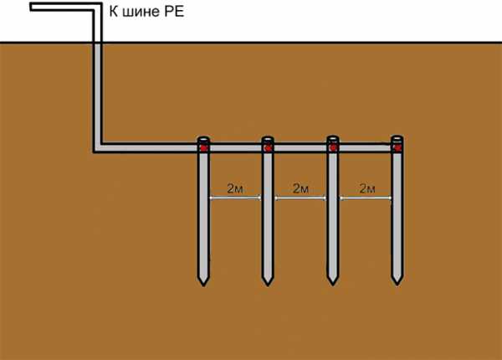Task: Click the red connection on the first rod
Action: [x=203, y=148]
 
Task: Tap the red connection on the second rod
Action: [x=268, y=148]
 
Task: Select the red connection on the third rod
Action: [x=333, y=148]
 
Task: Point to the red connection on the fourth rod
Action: [x=397, y=148]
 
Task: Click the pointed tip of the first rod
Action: [x=203, y=281]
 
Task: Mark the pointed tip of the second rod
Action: [x=268, y=281]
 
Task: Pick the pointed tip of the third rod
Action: [x=333, y=281]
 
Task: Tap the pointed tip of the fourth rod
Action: [x=397, y=281]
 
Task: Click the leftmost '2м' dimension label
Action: [x=236, y=188]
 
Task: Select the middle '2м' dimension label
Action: [x=300, y=188]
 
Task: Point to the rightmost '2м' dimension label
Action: [x=366, y=188]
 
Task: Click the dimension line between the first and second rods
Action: [x=236, y=198]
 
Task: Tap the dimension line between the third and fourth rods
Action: [x=366, y=198]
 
